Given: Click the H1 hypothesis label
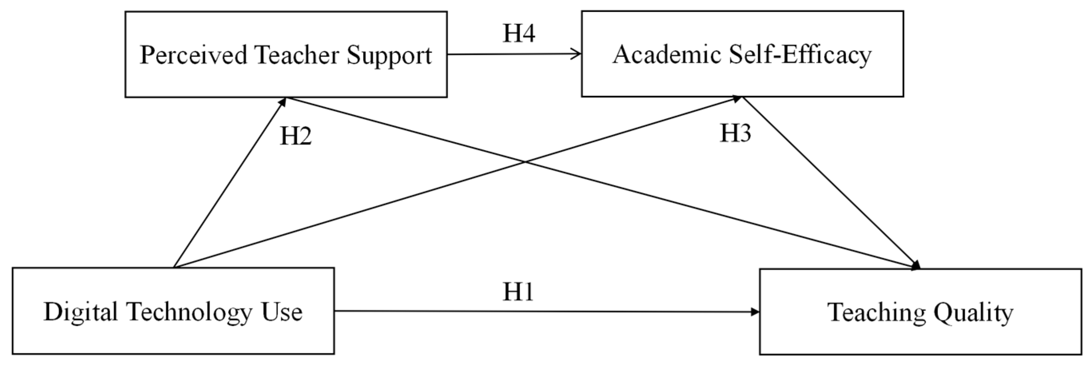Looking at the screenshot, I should [x=518, y=292].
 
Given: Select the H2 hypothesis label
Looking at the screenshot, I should [x=296, y=136].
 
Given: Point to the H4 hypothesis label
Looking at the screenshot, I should [x=519, y=34].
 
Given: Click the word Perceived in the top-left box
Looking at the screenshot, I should [x=193, y=55].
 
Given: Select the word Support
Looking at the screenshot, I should [x=389, y=55].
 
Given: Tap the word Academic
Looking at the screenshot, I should [x=667, y=55].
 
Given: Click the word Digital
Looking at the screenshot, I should [x=80, y=312].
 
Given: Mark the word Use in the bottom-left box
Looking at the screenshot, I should [x=282, y=312].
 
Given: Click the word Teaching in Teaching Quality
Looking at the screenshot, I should [x=875, y=312].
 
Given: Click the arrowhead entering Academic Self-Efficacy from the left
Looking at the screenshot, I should [x=577, y=54].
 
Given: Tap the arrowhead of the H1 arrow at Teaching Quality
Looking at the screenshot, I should [x=755, y=312].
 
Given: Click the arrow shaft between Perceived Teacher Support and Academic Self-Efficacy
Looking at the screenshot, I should [x=513, y=54].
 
